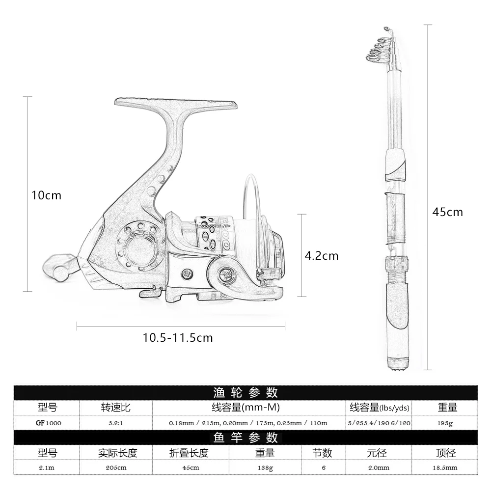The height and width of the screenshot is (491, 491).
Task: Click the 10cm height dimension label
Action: tap(46, 195)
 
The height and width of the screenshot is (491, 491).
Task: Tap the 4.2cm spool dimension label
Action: tap(322, 256)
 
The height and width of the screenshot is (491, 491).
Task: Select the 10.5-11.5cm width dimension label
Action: tap(178, 338)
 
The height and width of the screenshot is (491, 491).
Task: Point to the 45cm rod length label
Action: tap(447, 212)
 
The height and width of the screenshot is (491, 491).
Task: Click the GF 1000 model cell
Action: tap(49, 423)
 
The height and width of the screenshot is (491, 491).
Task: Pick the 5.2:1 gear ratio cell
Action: tap(116, 423)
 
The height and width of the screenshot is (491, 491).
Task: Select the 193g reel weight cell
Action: tap(445, 423)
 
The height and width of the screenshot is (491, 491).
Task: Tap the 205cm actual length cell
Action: tap(116, 467)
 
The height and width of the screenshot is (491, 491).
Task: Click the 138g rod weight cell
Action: tap(265, 468)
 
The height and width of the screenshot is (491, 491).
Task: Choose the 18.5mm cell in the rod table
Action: tap(445, 467)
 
